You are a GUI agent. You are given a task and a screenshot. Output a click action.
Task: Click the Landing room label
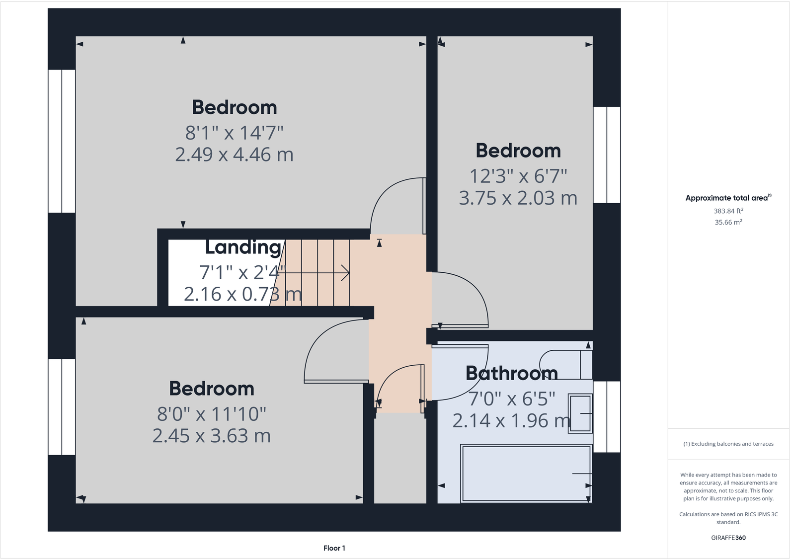click(x=243, y=247)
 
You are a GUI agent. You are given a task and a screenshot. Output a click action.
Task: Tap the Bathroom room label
click(x=511, y=373)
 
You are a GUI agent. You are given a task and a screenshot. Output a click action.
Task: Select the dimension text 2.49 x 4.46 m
click(x=234, y=155)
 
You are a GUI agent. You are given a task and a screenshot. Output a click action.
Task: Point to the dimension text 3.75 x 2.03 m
click(x=518, y=198)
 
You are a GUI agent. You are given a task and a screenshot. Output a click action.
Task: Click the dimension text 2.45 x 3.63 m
click(x=211, y=436)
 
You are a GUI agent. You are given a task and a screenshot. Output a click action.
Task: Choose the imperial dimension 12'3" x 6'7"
click(x=518, y=176)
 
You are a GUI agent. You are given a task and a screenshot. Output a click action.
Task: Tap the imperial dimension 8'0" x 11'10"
click(x=211, y=414)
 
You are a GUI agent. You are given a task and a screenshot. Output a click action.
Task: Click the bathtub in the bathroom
click(x=526, y=474)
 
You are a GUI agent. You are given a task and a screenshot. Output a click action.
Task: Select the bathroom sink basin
click(x=580, y=413)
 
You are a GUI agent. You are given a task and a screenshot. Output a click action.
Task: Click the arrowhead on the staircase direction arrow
click(x=347, y=273)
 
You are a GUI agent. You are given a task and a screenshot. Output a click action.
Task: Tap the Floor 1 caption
click(x=334, y=548)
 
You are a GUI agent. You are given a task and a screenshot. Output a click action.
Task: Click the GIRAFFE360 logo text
click(x=728, y=538)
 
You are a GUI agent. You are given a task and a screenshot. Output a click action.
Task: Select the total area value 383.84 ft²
click(x=728, y=211)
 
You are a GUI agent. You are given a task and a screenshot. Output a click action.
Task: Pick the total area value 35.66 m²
click(x=728, y=223)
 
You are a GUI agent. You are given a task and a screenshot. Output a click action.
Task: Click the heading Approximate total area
click(x=726, y=198)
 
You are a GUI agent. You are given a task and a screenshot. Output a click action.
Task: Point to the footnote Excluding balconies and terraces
click(x=728, y=444)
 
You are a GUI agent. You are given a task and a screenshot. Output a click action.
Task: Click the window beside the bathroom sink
click(x=607, y=416)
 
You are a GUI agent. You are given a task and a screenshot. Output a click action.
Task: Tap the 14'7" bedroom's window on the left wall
click(x=62, y=141)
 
